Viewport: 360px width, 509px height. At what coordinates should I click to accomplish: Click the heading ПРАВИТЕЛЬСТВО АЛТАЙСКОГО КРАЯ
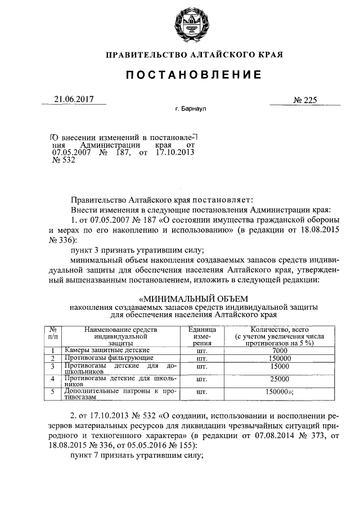[x=194, y=55]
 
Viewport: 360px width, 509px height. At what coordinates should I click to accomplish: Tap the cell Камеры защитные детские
[x=106, y=350]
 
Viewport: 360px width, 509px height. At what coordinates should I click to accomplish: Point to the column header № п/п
[x=52, y=336]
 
